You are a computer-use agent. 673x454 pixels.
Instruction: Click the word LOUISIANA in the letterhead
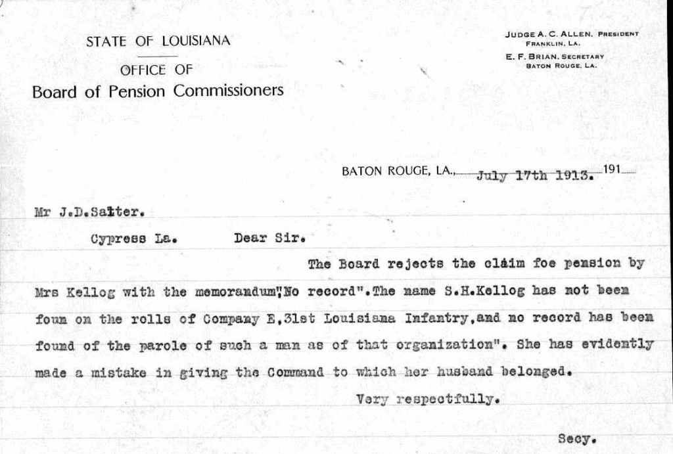point(196,41)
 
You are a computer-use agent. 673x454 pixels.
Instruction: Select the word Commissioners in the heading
point(228,90)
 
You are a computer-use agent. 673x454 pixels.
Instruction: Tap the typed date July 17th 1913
point(535,175)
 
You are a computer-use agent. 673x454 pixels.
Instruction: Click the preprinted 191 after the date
point(612,170)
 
